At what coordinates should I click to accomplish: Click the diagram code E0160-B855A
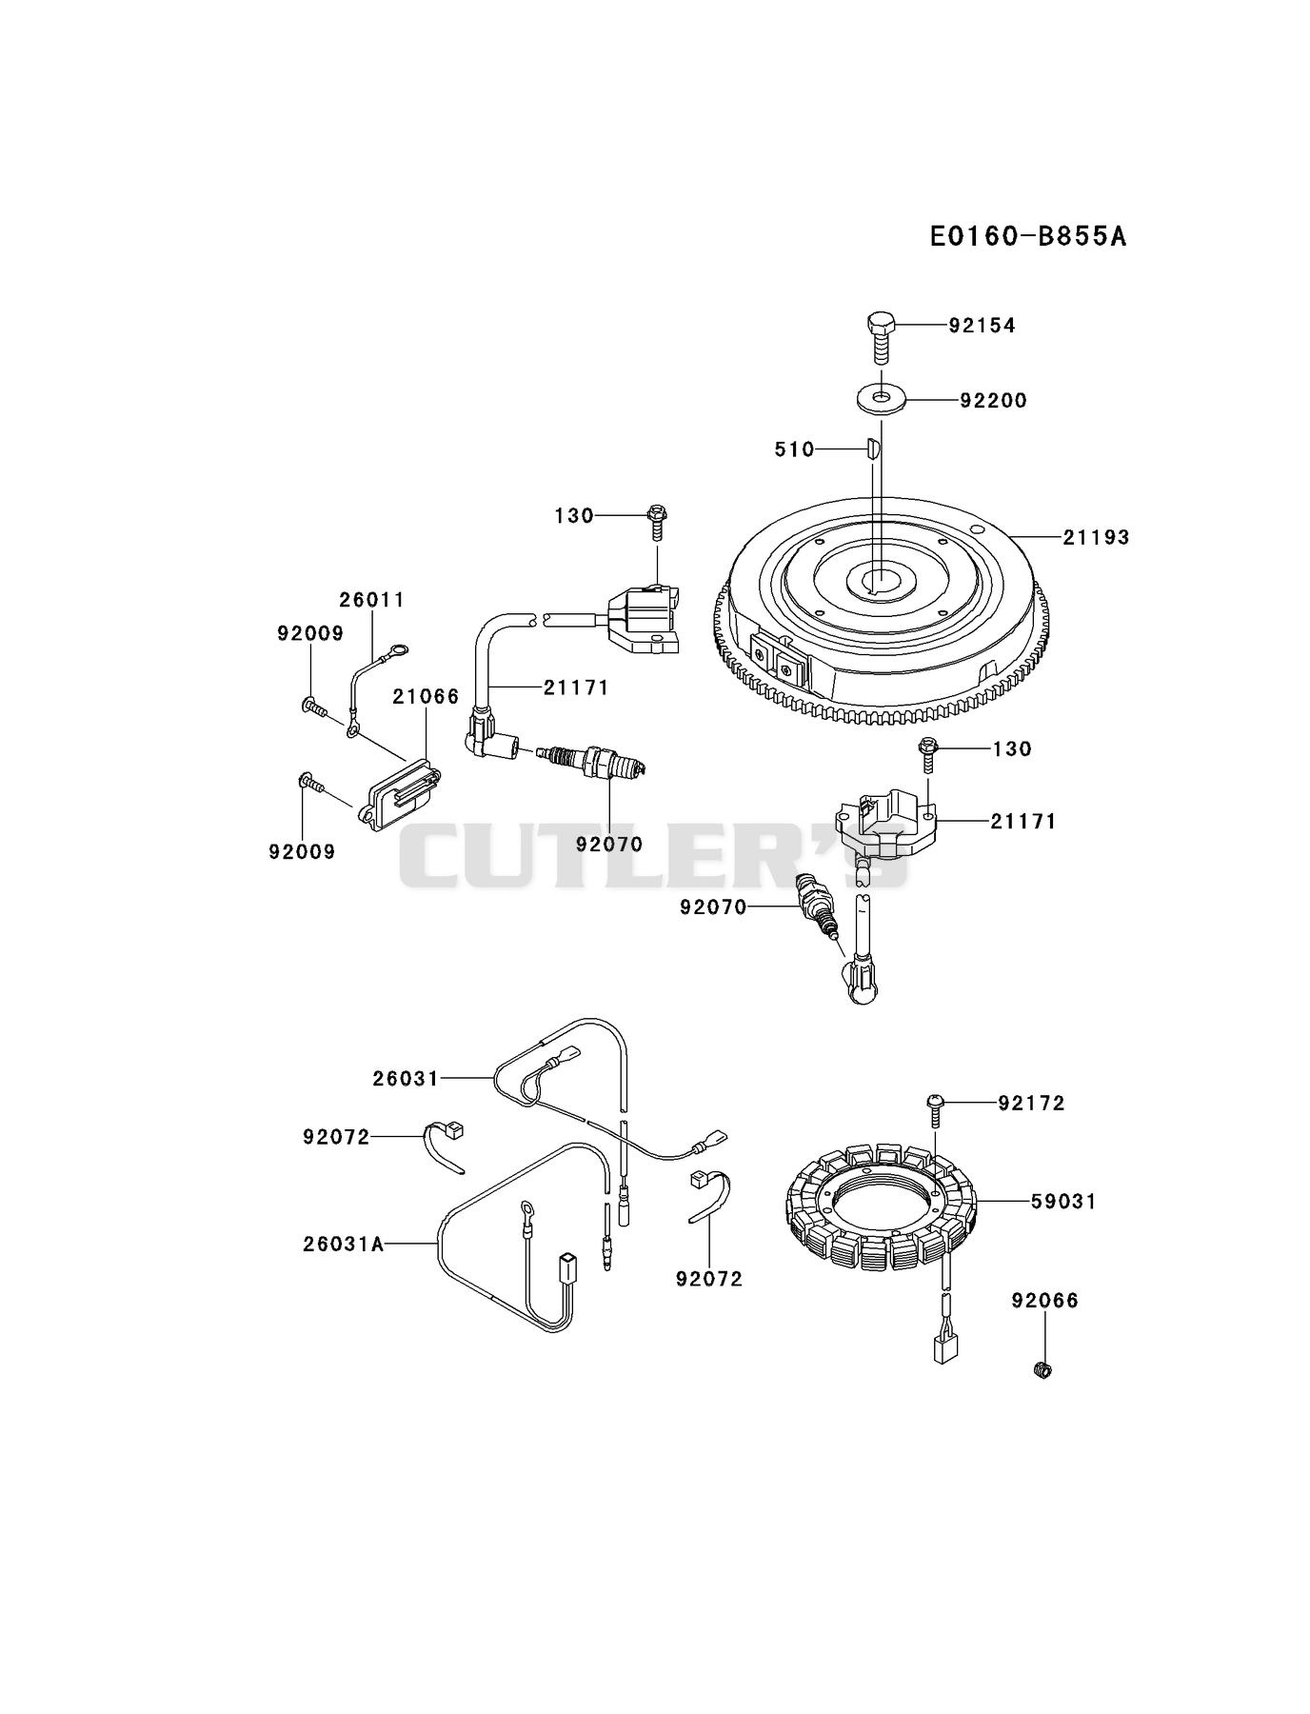[x=1028, y=236]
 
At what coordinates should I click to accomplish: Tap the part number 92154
[x=982, y=326]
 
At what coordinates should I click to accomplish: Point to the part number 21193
[x=1097, y=537]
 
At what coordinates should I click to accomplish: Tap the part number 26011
[x=372, y=600]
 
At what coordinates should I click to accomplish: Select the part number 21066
[x=426, y=697]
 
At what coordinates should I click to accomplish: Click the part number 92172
[x=1032, y=1103]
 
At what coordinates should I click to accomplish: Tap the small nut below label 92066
[x=1042, y=1370]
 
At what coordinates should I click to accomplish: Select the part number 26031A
[x=344, y=1244]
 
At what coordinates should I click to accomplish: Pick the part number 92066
[x=1045, y=1301]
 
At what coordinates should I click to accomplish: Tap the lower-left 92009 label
[x=303, y=851]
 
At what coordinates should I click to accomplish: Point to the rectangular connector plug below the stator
[x=945, y=1345]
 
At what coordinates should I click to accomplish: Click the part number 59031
[x=1064, y=1202]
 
